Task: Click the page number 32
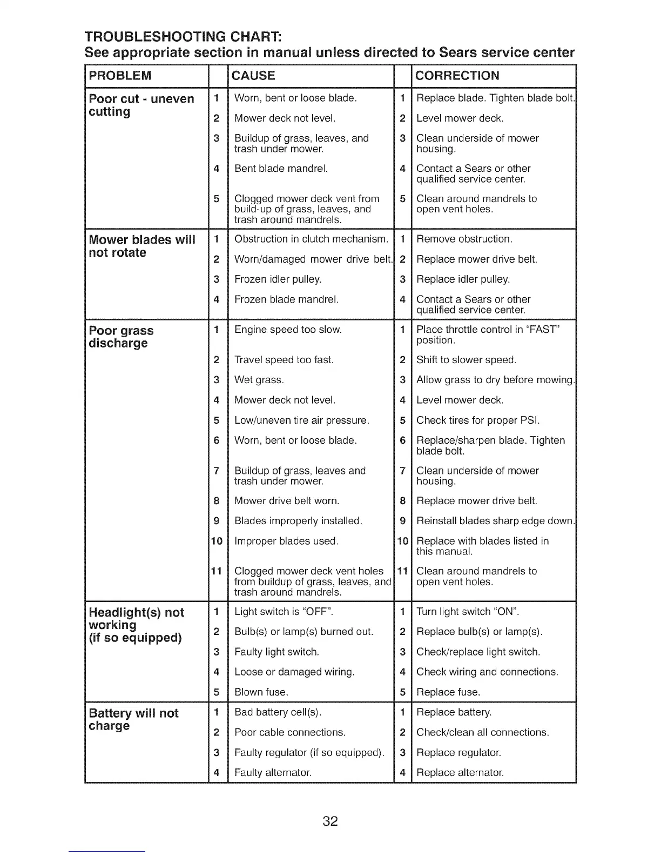tap(330, 821)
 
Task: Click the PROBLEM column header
tap(120, 76)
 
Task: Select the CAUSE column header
tap(253, 76)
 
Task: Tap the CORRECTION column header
tap(457, 76)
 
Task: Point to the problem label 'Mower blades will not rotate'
tap(141, 246)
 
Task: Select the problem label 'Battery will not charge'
tap(133, 719)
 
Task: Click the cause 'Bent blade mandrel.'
tap(281, 169)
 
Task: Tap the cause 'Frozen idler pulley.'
tap(278, 279)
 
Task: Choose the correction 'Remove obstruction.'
tap(464, 239)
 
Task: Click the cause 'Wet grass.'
tap(259, 380)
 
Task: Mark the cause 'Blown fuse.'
tap(261, 692)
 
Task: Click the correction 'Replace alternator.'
tap(460, 773)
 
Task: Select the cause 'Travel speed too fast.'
tap(284, 360)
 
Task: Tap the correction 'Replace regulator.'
tap(458, 753)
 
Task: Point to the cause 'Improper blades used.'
tap(286, 541)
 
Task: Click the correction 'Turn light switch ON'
tap(468, 612)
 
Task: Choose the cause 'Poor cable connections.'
tap(289, 733)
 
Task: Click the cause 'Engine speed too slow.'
tap(288, 330)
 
